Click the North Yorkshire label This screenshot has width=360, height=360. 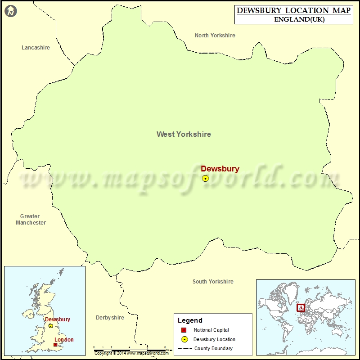pos(215,36)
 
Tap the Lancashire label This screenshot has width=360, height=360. pos(36,48)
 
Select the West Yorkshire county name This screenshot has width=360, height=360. pos(184,134)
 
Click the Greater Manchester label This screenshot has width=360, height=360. pos(30,220)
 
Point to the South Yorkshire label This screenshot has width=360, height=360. pos(213,282)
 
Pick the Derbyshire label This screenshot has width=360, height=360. pos(110,318)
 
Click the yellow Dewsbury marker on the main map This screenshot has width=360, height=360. pos(206,179)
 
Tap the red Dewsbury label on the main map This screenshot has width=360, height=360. pos(220,169)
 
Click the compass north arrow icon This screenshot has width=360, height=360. pos(11,11)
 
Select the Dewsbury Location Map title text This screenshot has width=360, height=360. pos(293,10)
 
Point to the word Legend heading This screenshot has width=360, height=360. pos(190,320)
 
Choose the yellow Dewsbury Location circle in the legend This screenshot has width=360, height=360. pos(184,339)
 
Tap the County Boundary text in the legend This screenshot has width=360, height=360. pos(213,348)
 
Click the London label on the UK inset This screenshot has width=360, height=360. pos(64,340)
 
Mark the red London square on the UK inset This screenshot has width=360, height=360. pos(55,345)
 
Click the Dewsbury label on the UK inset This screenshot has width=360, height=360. pos(57,319)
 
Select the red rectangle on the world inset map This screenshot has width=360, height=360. pos(301,308)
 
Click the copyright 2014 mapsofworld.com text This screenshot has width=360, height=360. pos(131,353)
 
